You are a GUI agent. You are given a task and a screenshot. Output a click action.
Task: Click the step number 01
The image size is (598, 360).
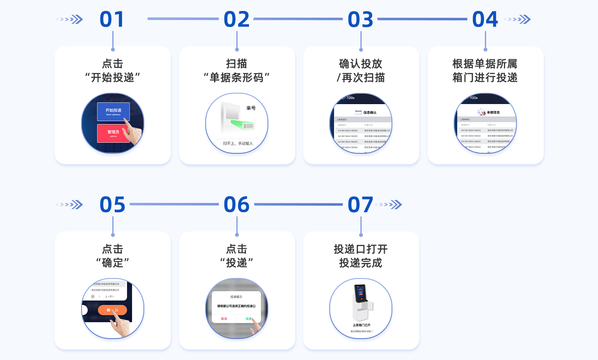[x=112, y=20]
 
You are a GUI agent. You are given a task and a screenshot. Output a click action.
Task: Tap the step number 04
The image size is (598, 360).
[x=485, y=20]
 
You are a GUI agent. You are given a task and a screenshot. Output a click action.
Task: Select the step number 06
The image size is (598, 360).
[x=236, y=205]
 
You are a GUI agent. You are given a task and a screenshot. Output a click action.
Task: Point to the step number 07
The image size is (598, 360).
[x=360, y=205]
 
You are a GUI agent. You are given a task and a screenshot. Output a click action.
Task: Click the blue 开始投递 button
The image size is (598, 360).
[x=113, y=111]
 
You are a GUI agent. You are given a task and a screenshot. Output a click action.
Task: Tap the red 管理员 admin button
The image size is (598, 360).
[x=113, y=133]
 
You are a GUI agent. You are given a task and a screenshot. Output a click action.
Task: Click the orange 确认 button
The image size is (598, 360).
[x=112, y=310]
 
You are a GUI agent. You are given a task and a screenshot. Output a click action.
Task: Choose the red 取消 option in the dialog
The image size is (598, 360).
[x=224, y=319]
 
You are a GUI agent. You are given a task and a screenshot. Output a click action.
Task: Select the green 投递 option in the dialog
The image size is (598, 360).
[x=249, y=319]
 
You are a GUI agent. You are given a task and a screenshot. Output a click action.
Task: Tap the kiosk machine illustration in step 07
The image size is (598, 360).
[x=360, y=302]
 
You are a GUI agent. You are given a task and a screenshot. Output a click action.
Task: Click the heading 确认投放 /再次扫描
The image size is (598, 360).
[x=361, y=71]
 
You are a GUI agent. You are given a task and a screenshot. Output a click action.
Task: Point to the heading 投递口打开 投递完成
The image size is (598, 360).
[x=361, y=256]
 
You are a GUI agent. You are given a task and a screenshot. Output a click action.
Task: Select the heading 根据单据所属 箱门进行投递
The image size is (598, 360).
[x=485, y=71]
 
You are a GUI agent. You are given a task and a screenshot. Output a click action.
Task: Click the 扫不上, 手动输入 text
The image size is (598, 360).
[x=238, y=144]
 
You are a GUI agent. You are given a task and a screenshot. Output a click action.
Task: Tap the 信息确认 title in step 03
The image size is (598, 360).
[x=370, y=113]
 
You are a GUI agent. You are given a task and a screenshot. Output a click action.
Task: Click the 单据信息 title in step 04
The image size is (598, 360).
[x=493, y=113]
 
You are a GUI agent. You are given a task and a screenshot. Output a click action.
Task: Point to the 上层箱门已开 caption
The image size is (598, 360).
[x=361, y=325]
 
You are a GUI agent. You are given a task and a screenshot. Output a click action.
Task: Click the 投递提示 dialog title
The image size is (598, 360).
[x=236, y=297]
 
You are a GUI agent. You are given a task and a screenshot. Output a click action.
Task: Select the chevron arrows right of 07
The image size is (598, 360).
[x=389, y=205]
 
